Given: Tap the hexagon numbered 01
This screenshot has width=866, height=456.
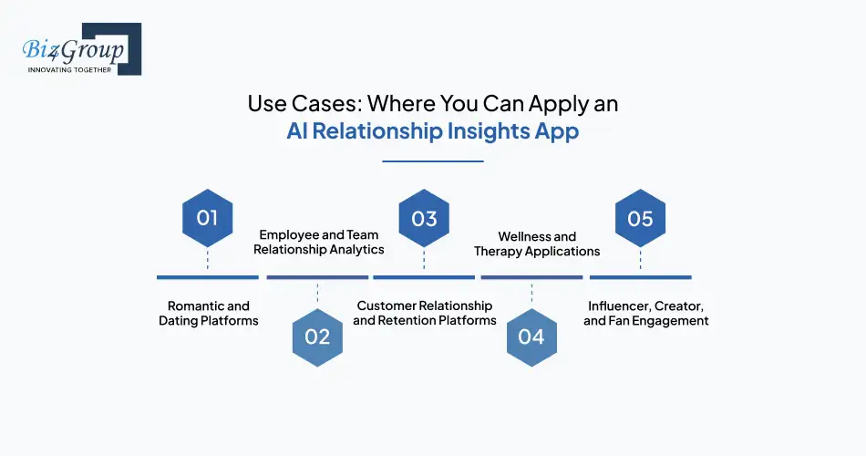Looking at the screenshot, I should (207, 219).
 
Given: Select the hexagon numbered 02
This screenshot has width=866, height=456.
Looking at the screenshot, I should (317, 337).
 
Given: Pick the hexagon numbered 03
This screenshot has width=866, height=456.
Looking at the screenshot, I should (424, 219).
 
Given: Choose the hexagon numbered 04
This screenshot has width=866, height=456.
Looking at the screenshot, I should (531, 337).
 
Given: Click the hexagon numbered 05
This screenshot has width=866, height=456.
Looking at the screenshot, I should (640, 219).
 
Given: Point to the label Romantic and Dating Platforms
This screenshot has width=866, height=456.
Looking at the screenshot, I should (208, 313).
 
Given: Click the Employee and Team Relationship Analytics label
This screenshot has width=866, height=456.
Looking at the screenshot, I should (318, 242).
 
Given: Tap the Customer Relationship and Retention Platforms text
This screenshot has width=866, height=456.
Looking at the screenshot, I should (425, 313).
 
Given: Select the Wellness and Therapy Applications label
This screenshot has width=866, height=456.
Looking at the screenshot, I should (537, 244).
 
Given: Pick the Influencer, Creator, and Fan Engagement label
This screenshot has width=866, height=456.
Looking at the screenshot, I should (645, 313).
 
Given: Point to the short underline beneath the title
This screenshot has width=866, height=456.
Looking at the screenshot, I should (432, 161).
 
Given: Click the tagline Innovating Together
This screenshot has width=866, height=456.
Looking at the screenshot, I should (70, 69).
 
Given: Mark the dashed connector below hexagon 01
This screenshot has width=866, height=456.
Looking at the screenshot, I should (207, 259).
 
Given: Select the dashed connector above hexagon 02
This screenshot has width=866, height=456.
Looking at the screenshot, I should (317, 293).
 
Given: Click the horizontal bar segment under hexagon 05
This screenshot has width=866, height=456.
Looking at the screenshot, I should (640, 276).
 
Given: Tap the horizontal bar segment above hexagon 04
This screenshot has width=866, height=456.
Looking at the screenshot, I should (531, 276).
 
